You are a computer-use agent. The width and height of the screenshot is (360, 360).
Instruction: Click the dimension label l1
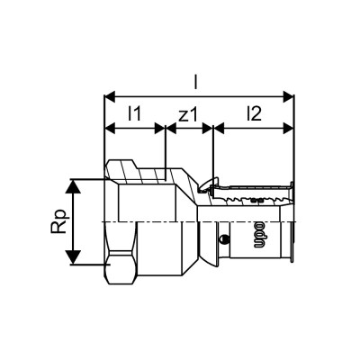point(135,113)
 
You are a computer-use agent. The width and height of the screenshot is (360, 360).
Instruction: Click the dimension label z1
point(190,113)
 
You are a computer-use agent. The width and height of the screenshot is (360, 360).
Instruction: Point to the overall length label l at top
point(197,81)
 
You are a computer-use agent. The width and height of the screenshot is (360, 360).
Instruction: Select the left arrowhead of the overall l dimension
point(111,93)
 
